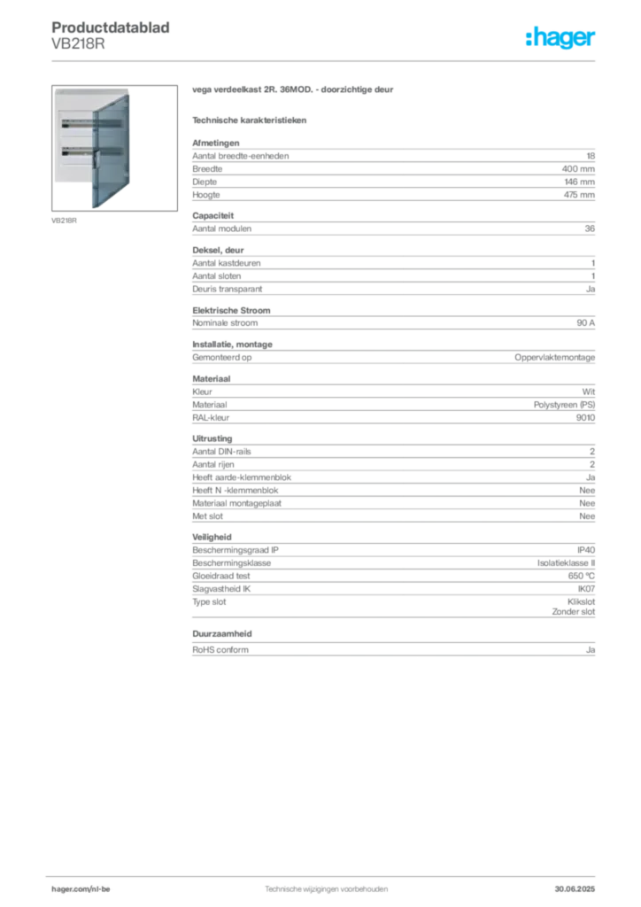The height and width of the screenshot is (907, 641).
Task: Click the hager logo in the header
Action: point(560,37)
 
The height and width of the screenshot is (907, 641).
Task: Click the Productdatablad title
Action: point(111,27)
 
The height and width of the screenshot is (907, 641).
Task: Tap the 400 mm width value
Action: point(578,169)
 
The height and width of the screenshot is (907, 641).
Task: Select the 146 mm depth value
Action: point(579,182)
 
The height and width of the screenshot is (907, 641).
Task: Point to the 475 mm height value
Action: point(579,195)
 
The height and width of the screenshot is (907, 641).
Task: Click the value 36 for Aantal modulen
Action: point(590,229)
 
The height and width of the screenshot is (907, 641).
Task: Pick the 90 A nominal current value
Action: point(585,322)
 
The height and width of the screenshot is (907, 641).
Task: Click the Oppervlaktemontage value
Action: point(554,358)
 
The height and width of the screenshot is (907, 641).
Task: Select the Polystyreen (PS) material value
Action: point(564,405)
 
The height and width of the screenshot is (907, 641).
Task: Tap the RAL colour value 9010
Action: point(585,418)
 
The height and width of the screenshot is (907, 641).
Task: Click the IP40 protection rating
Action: point(585,550)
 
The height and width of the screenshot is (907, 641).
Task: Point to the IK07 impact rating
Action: point(586,589)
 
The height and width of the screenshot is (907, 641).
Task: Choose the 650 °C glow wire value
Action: point(581,576)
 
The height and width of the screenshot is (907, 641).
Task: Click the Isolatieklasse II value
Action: point(566,562)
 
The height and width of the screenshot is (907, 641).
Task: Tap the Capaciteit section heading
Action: point(212,216)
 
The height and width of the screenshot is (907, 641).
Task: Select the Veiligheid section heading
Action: point(212,537)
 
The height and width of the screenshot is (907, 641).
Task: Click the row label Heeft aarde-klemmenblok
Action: point(242,477)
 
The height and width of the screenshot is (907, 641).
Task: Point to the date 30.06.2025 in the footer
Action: point(575,889)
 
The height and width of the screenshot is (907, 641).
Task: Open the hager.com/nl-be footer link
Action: point(81,889)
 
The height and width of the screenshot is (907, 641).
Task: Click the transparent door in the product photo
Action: point(111,151)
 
